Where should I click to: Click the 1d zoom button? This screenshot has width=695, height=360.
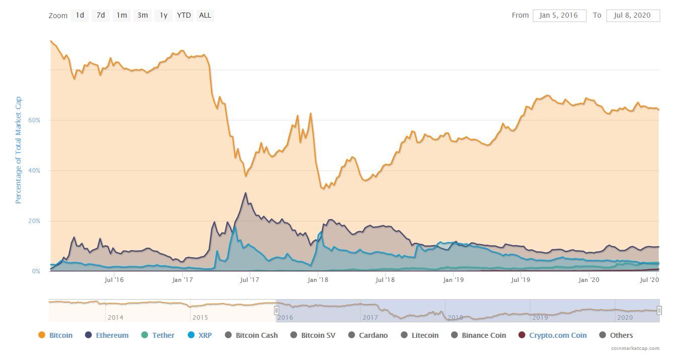[x=80, y=15]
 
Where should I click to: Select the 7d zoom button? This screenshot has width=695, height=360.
[x=101, y=15]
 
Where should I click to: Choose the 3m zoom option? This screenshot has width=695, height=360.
[x=142, y=15]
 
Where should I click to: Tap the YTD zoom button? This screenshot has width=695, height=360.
[x=184, y=15]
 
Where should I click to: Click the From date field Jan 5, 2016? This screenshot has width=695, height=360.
[x=559, y=16]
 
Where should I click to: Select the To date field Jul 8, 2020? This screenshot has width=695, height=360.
[x=633, y=16]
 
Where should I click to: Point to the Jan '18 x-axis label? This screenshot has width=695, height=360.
[x=318, y=280]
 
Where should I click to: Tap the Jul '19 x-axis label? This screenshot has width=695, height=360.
[x=521, y=280]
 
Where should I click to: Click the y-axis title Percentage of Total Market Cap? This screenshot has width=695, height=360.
[x=19, y=150]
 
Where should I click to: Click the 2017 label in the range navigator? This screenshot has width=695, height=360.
[x=370, y=318]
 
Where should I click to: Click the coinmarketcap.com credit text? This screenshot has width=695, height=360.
[x=635, y=348]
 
